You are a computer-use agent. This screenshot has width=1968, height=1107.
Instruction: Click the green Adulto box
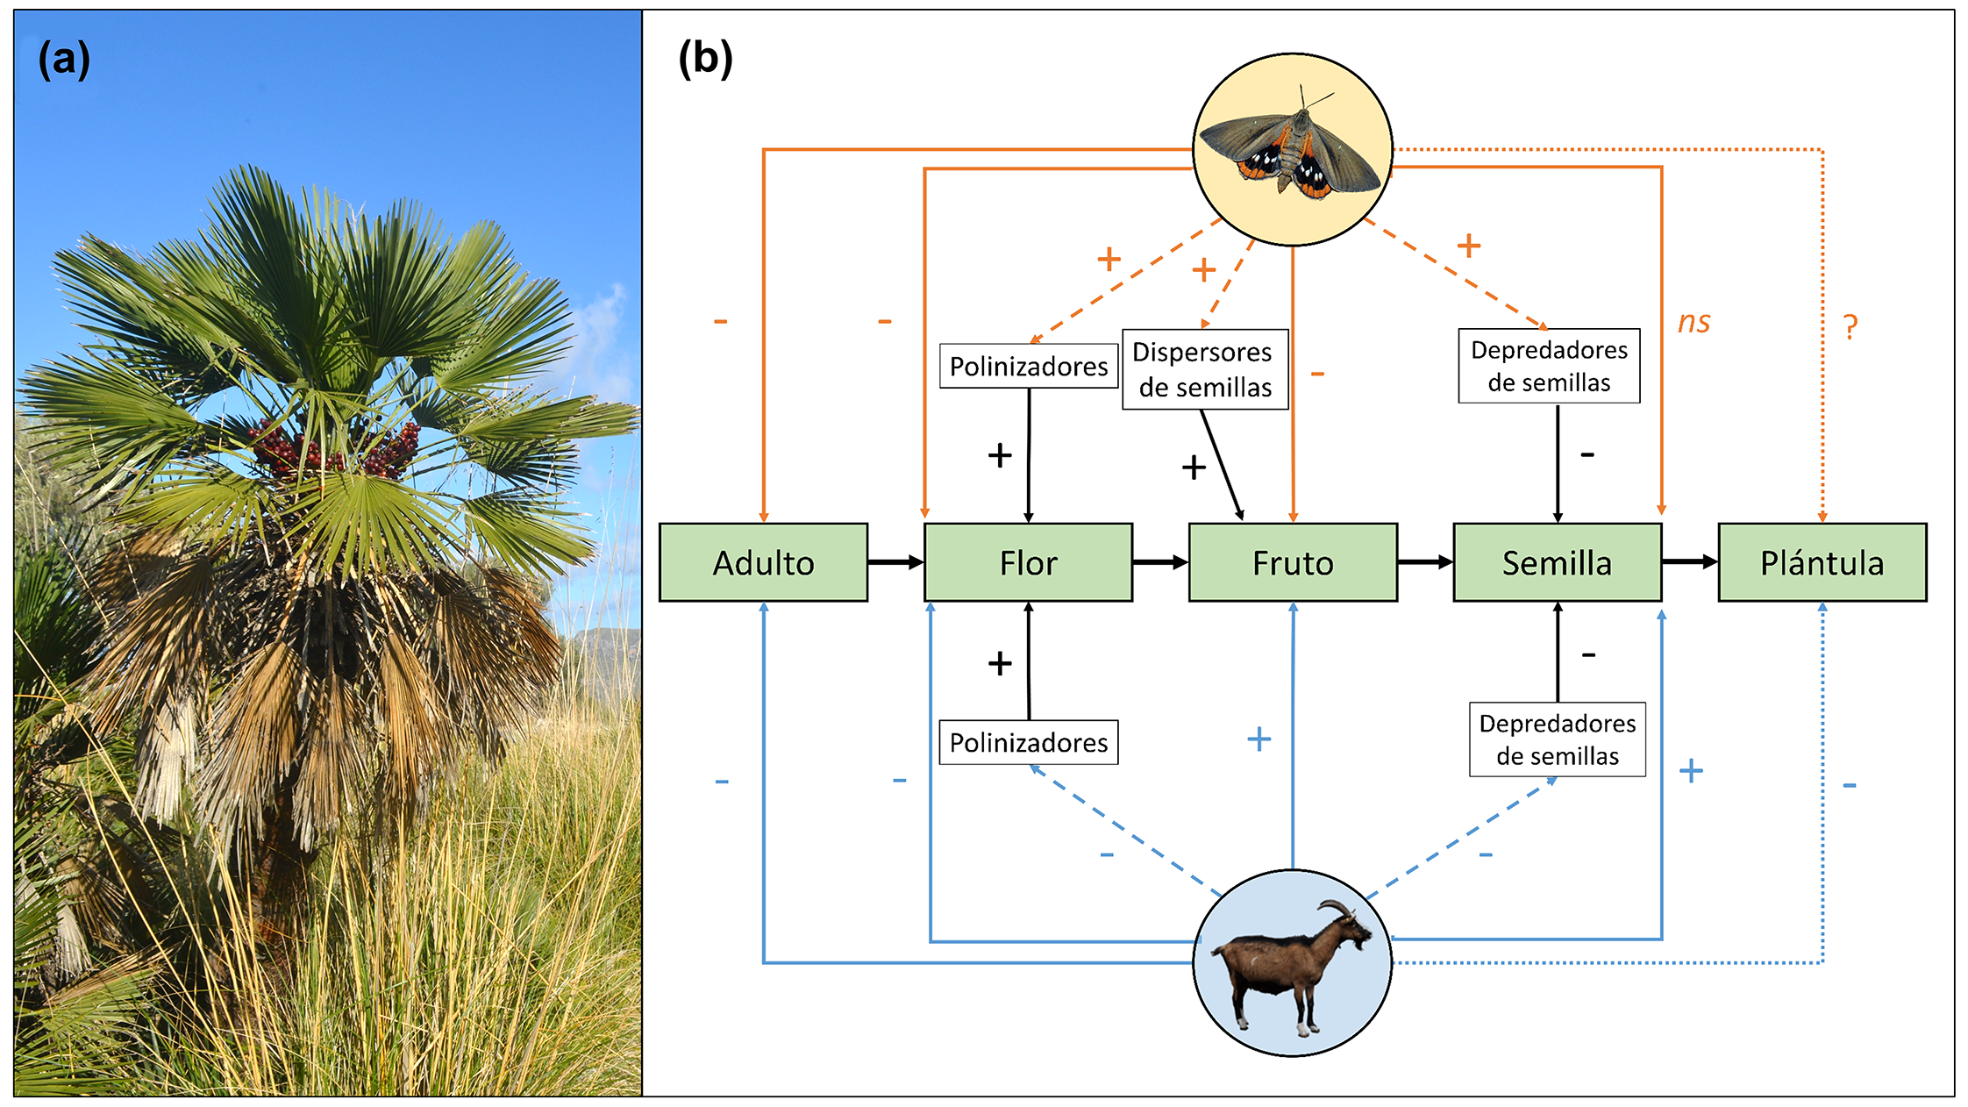pyautogui.click(x=763, y=562)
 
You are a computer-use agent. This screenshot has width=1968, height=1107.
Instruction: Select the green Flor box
pyautogui.click(x=1028, y=562)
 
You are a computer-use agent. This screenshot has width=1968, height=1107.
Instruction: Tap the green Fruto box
pyautogui.click(x=1293, y=562)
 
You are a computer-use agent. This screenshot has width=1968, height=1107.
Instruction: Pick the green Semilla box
pyautogui.click(x=1558, y=562)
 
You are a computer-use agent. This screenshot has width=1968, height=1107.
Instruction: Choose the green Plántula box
pyautogui.click(x=1822, y=562)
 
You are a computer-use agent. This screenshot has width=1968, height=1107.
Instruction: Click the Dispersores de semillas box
pyautogui.click(x=1204, y=369)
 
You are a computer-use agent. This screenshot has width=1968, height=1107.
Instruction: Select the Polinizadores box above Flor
pyautogui.click(x=1028, y=366)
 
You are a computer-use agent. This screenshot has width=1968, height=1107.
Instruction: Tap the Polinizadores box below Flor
pyautogui.click(x=1028, y=742)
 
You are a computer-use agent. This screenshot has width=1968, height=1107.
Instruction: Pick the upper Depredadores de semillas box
pyautogui.click(x=1549, y=366)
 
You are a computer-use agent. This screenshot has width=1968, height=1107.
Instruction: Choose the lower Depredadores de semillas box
pyautogui.click(x=1557, y=739)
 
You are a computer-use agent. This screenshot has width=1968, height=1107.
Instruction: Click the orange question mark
pyautogui.click(x=1850, y=326)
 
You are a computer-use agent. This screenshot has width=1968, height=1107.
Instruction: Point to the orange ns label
pyautogui.click(x=1693, y=322)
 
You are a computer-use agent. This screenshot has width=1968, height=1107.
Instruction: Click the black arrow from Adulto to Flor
pyautogui.click(x=895, y=562)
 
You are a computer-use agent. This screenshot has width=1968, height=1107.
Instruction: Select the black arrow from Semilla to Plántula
pyautogui.click(x=1689, y=561)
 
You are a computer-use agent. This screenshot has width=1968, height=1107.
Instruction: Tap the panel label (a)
pyautogui.click(x=64, y=60)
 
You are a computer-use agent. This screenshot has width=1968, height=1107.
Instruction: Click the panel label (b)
pyautogui.click(x=705, y=60)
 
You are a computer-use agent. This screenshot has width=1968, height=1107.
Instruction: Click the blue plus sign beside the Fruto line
pyautogui.click(x=1259, y=739)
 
